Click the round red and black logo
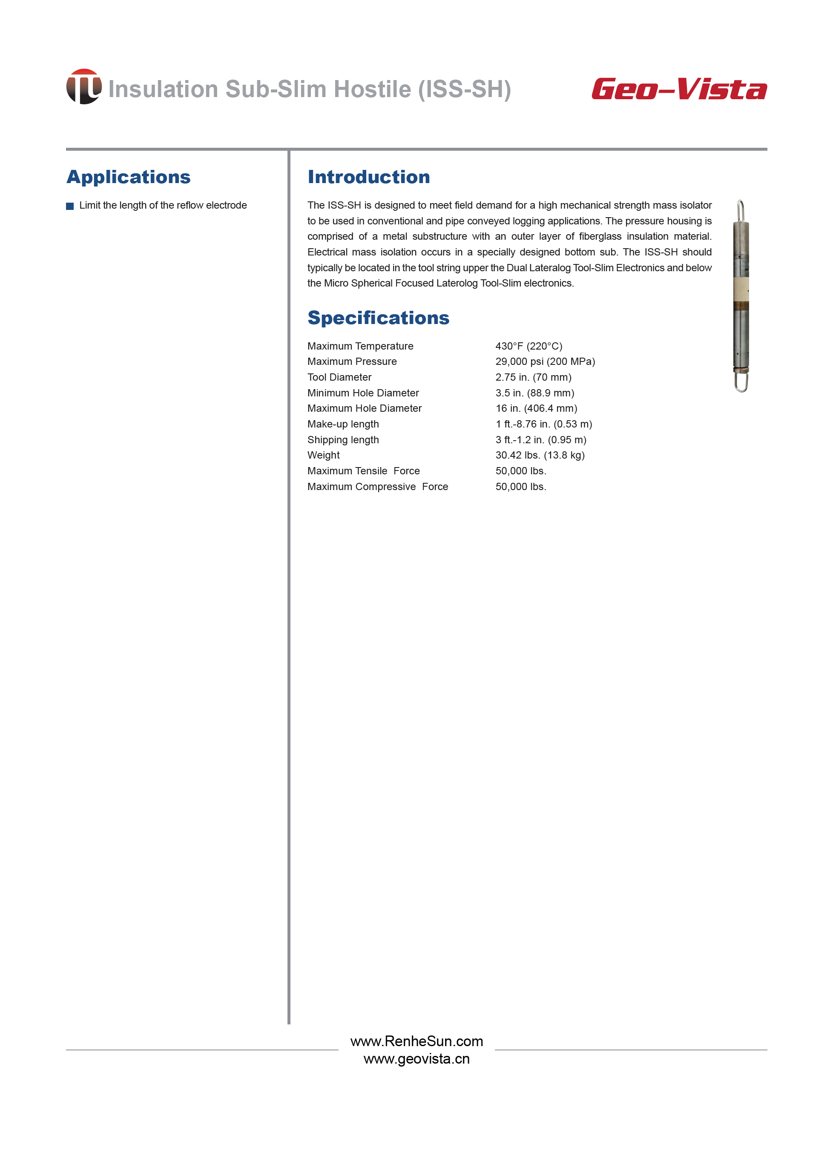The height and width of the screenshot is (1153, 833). (x=84, y=87)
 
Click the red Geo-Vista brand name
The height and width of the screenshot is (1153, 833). (x=679, y=89)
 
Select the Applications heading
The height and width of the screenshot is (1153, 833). (x=129, y=177)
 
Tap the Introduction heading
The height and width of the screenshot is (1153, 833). (x=369, y=177)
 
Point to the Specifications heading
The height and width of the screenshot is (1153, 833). (x=378, y=318)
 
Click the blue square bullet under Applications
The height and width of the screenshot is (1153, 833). (x=70, y=206)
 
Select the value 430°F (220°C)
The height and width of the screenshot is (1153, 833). (x=529, y=346)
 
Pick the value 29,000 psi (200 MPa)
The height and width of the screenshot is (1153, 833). (x=545, y=361)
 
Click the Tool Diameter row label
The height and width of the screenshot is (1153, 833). (x=339, y=377)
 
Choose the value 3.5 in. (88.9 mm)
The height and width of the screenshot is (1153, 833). (x=535, y=393)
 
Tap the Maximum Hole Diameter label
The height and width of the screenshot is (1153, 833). (x=365, y=408)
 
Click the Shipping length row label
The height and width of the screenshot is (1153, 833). (x=343, y=440)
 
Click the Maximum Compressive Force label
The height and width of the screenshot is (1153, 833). (x=378, y=487)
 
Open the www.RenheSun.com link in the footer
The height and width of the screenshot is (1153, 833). (x=416, y=1041)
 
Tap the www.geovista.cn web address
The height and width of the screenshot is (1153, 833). (x=416, y=1059)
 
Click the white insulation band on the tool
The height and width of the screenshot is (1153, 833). (x=741, y=288)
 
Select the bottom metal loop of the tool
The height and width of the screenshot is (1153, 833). (x=741, y=382)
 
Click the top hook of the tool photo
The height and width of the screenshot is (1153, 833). (x=741, y=210)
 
